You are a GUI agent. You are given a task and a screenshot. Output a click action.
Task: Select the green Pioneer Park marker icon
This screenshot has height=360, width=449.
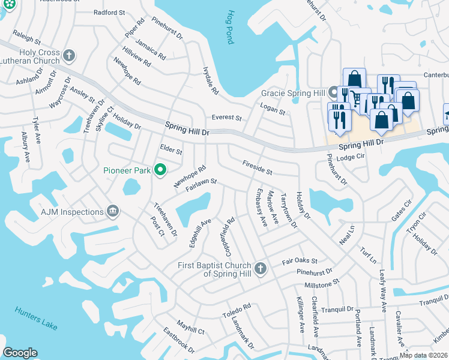coord(160,171)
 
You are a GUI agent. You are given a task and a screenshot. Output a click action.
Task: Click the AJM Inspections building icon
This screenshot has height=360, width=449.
coord(112,211)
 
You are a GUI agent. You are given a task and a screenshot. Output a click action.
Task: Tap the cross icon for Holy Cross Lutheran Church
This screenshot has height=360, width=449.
coord(69,56)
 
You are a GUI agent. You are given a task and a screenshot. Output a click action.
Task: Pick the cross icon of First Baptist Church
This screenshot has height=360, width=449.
coord(260,268)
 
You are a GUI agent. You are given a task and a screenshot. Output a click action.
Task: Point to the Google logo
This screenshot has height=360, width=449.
coord(20,353)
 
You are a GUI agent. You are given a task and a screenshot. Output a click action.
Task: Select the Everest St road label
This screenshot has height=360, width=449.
coord(226,118)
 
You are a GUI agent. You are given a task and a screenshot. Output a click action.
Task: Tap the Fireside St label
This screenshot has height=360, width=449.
coord(257,163)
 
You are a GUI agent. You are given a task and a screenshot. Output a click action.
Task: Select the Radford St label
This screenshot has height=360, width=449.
coord(110,12)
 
